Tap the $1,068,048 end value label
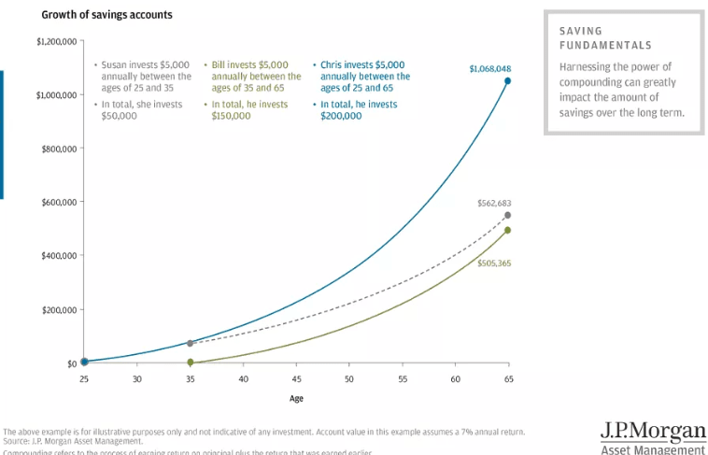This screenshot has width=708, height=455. pyautogui.click(x=490, y=68)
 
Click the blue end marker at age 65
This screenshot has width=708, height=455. pyautogui.click(x=508, y=81)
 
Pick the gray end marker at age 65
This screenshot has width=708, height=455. pyautogui.click(x=508, y=216)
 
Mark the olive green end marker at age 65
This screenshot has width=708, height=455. pyautogui.click(x=508, y=230)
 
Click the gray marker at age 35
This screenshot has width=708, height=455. pyautogui.click(x=190, y=344)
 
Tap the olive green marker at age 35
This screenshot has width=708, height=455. pyautogui.click(x=190, y=362)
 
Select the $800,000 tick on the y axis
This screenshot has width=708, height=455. pyautogui.click(x=57, y=149)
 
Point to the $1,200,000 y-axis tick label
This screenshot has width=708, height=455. pyautogui.click(x=54, y=41)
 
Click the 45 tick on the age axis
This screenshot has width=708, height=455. pyautogui.click(x=296, y=378)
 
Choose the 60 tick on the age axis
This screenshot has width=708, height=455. pyautogui.click(x=455, y=378)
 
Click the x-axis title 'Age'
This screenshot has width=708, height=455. pyautogui.click(x=296, y=398)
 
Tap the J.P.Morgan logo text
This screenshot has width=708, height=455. pyautogui.click(x=654, y=432)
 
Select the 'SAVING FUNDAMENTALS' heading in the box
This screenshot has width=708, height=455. pyautogui.click(x=605, y=38)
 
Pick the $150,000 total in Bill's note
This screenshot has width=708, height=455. pyautogui.click(x=232, y=117)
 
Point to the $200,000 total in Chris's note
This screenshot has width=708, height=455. pyautogui.click(x=340, y=117)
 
